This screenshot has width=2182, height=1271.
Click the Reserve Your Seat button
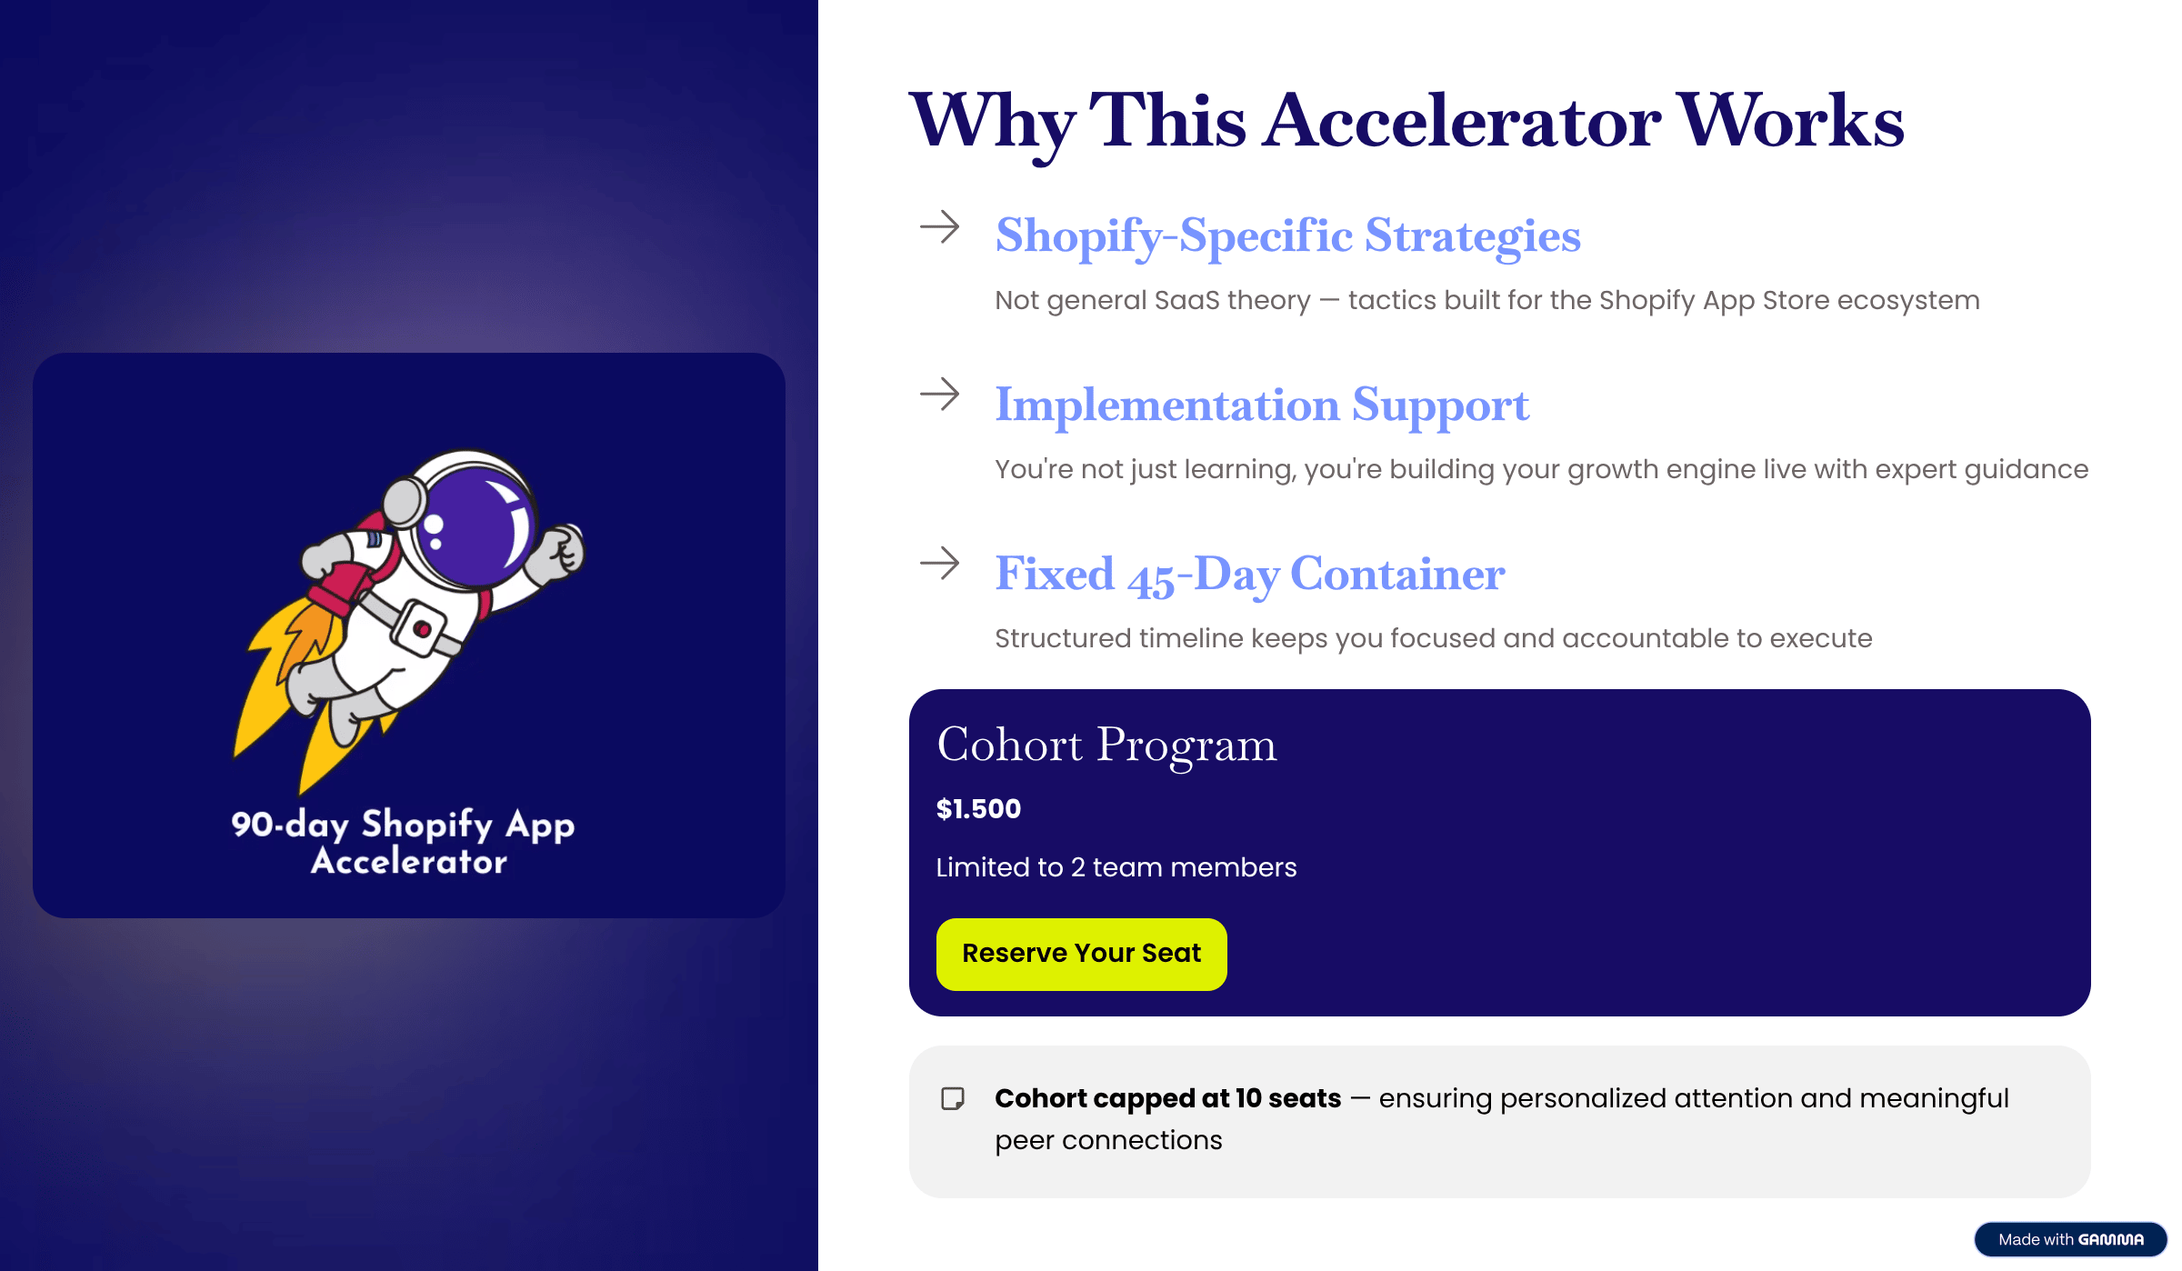(1081, 954)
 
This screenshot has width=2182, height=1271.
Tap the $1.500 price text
(978, 808)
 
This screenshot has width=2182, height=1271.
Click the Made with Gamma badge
(2070, 1239)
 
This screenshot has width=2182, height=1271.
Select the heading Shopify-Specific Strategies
(1287, 236)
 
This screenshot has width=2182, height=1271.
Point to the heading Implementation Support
(1262, 405)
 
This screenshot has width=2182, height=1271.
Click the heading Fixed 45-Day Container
(1250, 575)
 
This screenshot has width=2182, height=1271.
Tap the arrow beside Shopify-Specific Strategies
(940, 227)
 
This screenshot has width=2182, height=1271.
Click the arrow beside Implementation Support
(940, 395)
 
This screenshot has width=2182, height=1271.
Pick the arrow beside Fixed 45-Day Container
(940, 564)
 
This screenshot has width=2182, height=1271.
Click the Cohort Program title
(1106, 746)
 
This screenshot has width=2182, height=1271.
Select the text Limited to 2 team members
(1116, 867)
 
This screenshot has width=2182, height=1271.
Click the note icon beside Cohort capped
(953, 1098)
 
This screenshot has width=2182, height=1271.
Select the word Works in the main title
(1791, 121)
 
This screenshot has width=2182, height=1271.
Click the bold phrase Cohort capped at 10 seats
(1168, 1098)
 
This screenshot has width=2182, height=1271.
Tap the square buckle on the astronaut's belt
(420, 628)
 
